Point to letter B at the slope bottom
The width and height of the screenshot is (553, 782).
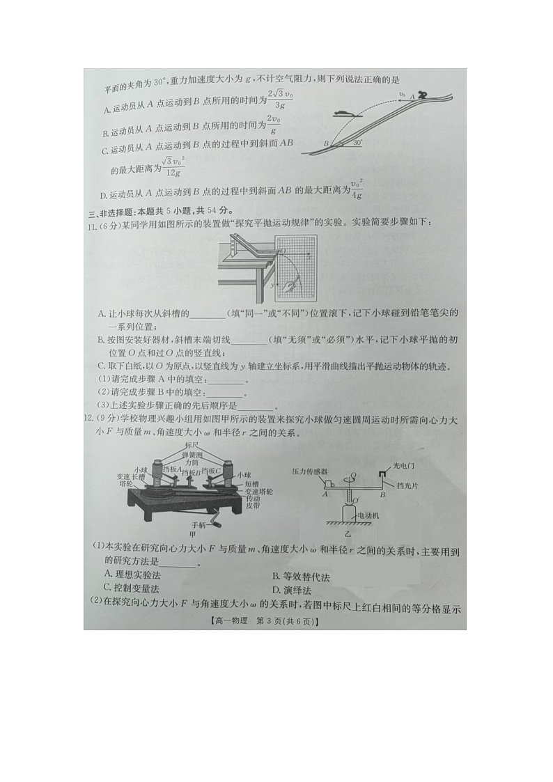(326, 143)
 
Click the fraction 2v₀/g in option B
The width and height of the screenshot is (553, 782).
(274, 125)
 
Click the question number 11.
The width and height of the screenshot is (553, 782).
(89, 222)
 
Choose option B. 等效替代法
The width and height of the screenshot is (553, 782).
(301, 577)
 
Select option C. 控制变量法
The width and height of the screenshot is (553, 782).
(132, 588)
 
